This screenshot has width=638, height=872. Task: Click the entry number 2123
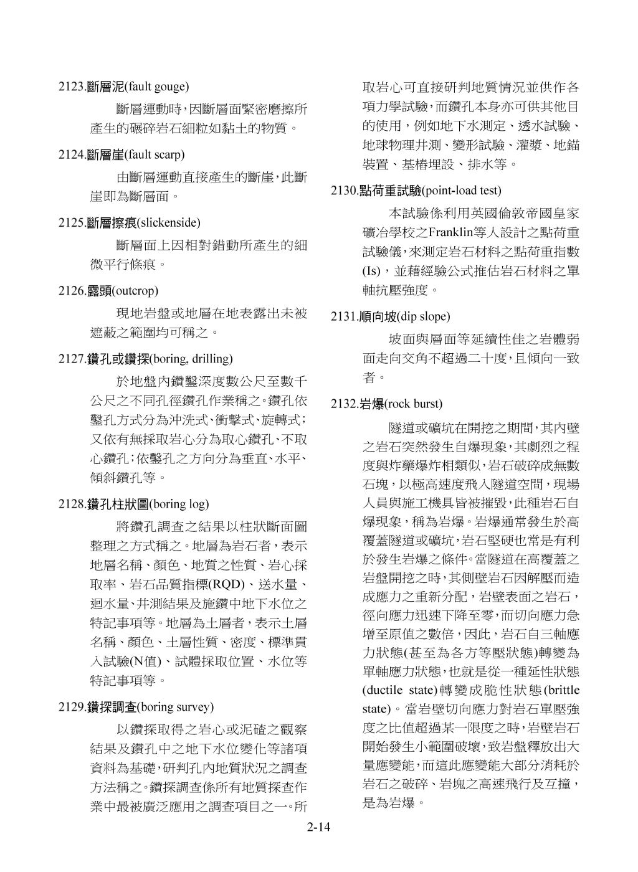click(x=70, y=87)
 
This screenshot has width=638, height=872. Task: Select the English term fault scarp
click(x=156, y=154)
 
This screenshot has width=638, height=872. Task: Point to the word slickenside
click(x=168, y=222)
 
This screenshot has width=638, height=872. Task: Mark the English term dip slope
click(x=423, y=316)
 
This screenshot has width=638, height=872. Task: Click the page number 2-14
click(x=318, y=828)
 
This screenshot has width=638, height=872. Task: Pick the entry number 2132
click(x=343, y=404)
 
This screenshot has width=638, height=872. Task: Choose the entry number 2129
click(x=70, y=707)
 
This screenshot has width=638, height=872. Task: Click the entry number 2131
click(x=343, y=316)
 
